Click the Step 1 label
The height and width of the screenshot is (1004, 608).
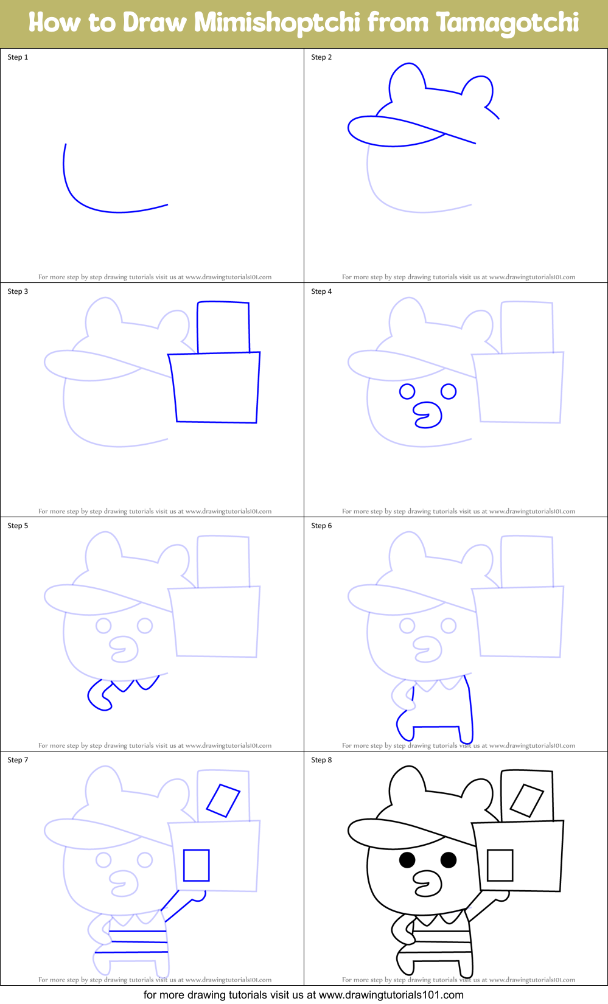pyautogui.click(x=18, y=57)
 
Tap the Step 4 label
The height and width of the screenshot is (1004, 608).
pyautogui.click(x=321, y=291)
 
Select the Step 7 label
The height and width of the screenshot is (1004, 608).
pyautogui.click(x=18, y=760)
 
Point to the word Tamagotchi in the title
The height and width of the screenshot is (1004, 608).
pyautogui.click(x=507, y=23)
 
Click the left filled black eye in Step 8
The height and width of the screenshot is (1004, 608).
pyautogui.click(x=407, y=860)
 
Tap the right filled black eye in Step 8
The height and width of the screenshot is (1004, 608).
pyautogui.click(x=449, y=860)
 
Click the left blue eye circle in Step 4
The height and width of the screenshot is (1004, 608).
pyautogui.click(x=407, y=391)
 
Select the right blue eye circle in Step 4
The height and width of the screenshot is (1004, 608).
pyautogui.click(x=449, y=391)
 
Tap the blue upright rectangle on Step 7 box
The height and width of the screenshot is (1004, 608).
pyautogui.click(x=197, y=865)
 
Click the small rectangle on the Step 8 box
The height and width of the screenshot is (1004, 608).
pyautogui.click(x=500, y=865)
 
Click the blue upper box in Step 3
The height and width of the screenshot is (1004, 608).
pyautogui.click(x=223, y=327)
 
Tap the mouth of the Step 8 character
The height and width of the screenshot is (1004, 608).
pyautogui.click(x=428, y=884)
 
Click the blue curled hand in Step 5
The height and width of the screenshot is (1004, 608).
pyautogui.click(x=100, y=697)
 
